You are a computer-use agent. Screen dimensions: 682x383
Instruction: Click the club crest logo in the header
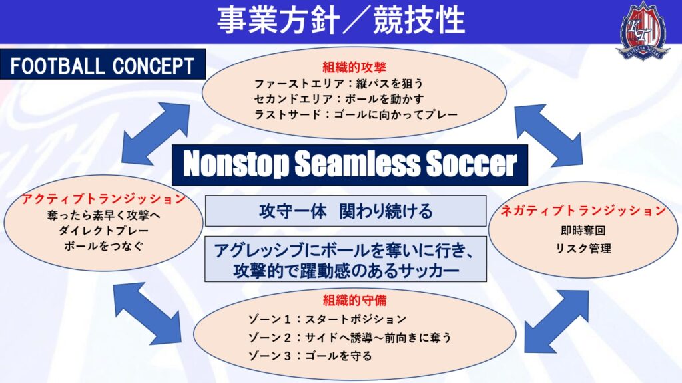643,30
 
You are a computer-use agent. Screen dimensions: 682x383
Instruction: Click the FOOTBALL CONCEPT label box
103,64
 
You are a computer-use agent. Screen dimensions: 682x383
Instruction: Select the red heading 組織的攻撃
354,67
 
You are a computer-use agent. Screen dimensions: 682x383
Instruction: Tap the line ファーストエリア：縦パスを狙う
338,83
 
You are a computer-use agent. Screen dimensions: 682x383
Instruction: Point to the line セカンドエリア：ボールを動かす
338,99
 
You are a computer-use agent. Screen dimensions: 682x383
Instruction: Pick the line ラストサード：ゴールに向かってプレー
356,114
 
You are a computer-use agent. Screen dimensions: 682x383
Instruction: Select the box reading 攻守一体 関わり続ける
346,211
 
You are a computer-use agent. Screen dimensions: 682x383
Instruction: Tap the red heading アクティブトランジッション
103,199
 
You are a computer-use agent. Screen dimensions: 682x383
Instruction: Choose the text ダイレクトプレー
103,231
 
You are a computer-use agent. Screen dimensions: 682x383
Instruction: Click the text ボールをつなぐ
103,246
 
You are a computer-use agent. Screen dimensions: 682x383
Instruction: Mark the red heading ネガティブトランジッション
583,211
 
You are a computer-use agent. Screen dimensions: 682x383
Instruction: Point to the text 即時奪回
583,231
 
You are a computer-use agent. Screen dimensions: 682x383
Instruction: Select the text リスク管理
583,249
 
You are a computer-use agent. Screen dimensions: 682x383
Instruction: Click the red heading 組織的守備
354,300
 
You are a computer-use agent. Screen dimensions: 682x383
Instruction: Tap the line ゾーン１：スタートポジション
327,319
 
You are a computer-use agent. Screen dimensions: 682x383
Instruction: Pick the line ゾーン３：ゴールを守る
310,356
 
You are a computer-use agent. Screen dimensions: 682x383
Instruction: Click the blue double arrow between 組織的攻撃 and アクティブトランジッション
156,133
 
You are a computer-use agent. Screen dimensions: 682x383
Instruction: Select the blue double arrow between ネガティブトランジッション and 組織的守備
557,322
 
